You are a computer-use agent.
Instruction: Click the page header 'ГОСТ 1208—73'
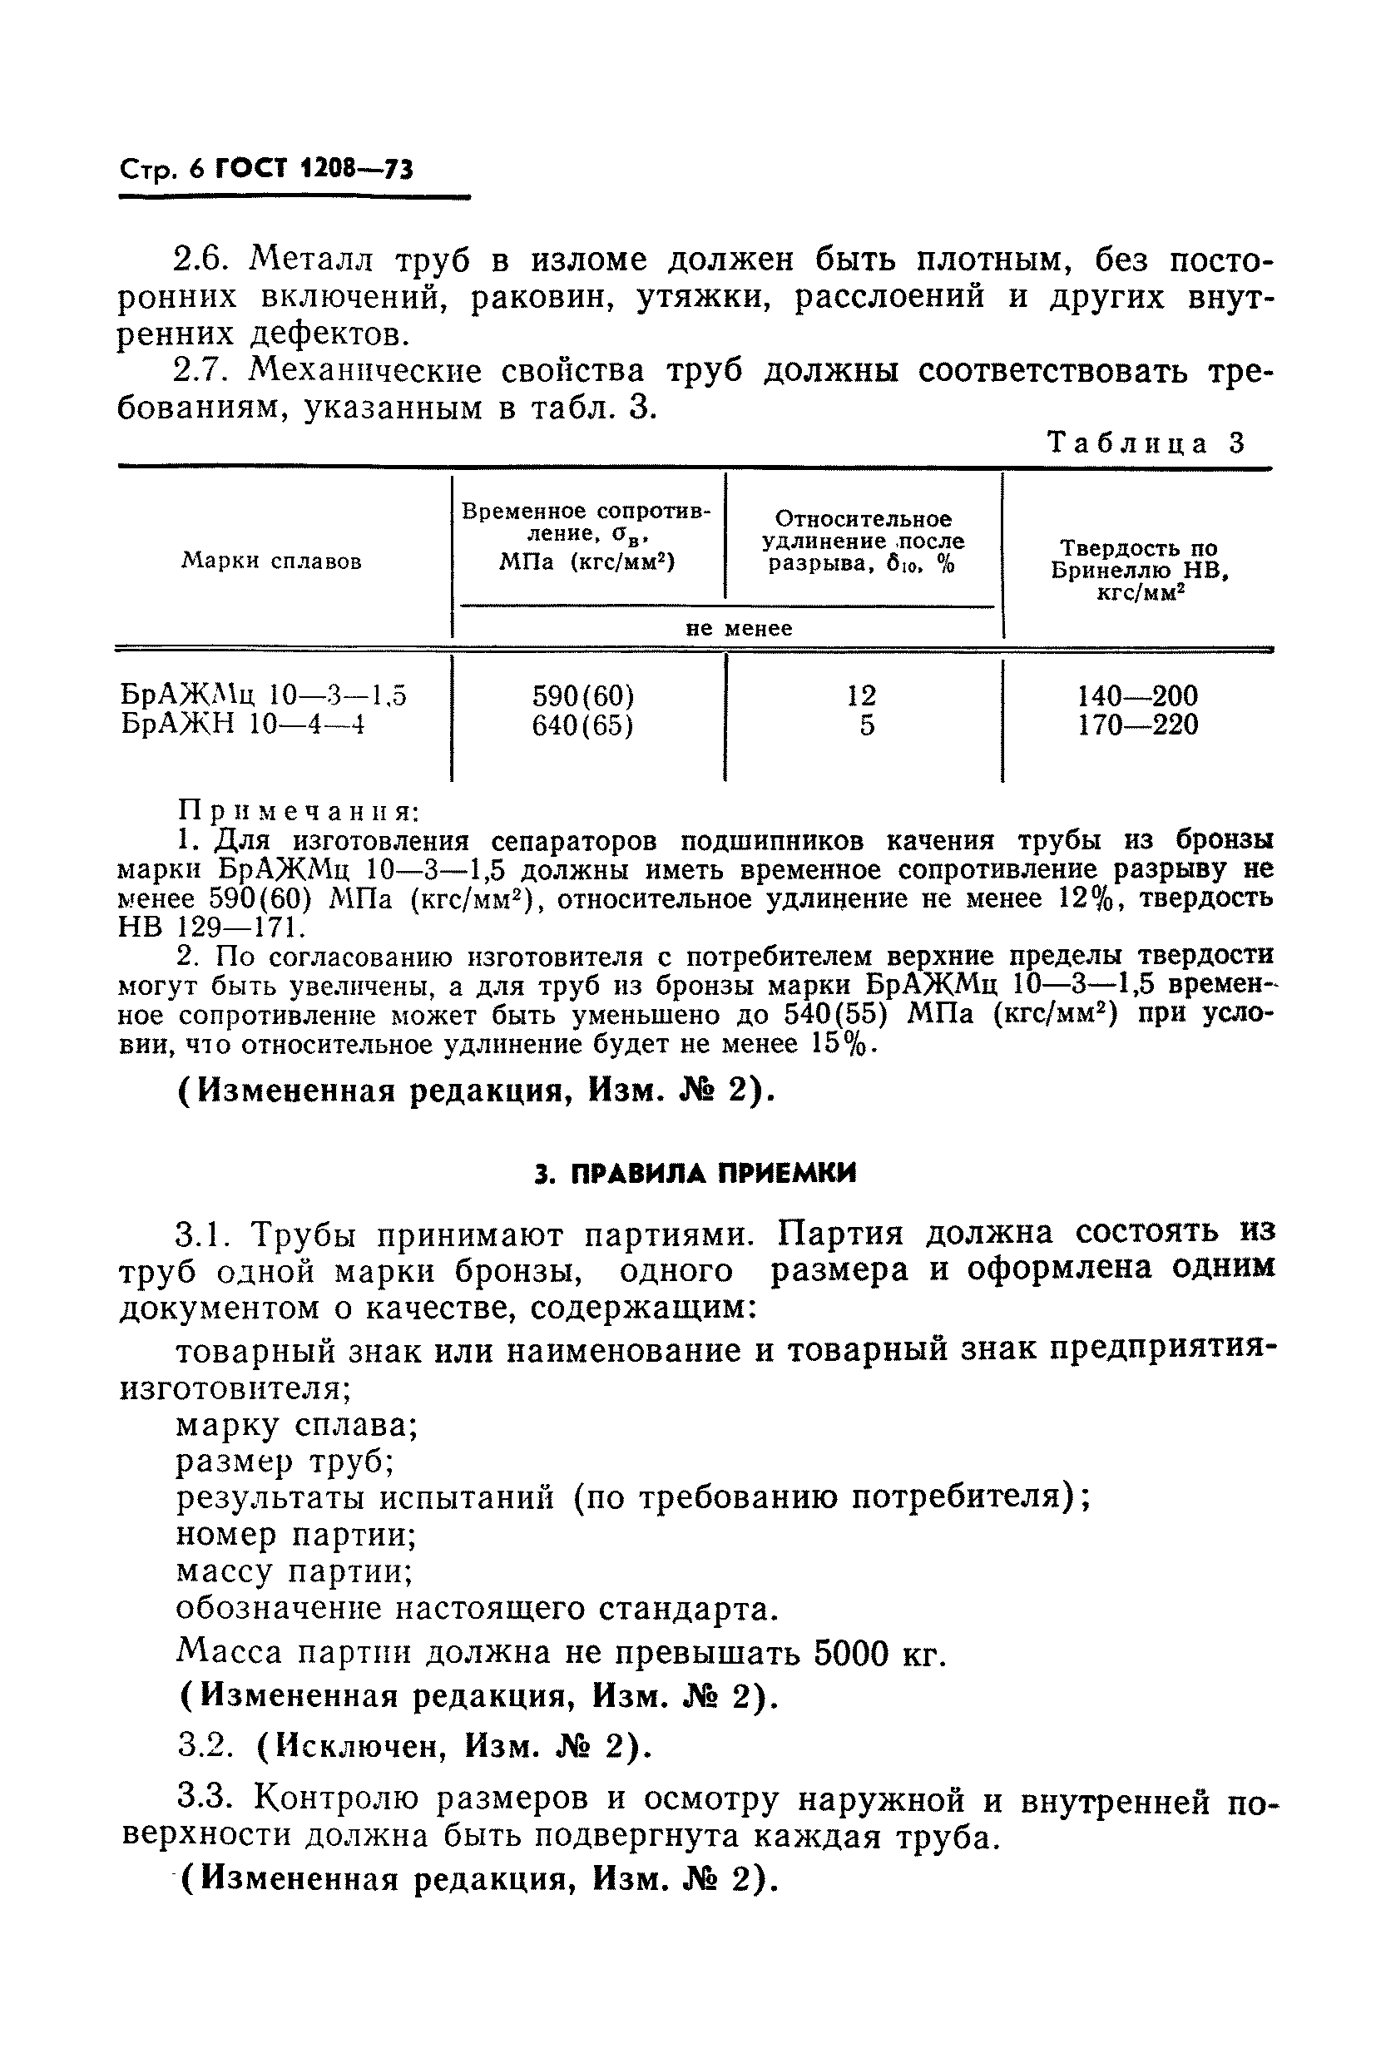pos(314,169)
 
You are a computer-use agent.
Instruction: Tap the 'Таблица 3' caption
pos(1147,443)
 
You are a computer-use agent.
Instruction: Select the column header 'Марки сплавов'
pos(271,562)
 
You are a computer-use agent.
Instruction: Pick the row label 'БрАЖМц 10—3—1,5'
pos(263,696)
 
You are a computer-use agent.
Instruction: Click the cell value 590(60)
pos(583,696)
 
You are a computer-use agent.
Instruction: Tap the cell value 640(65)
pos(583,725)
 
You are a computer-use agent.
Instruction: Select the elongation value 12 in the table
pos(862,696)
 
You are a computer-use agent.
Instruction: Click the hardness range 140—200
pos(1137,696)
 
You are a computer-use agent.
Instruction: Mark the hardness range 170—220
pos(1137,725)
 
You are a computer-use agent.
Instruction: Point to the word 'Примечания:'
pos(298,810)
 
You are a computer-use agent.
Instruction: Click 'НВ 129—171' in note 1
pos(210,927)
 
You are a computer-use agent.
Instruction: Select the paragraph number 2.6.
pos(200,260)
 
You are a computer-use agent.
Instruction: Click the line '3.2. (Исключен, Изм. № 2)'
pos(414,1747)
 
